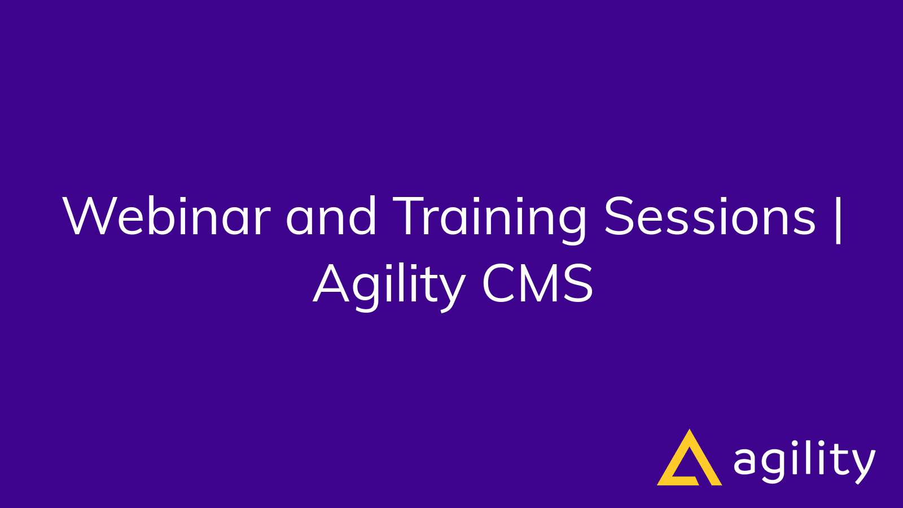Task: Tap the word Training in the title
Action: click(x=490, y=217)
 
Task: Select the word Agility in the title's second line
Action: click(x=389, y=285)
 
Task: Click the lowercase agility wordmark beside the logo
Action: click(x=804, y=462)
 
